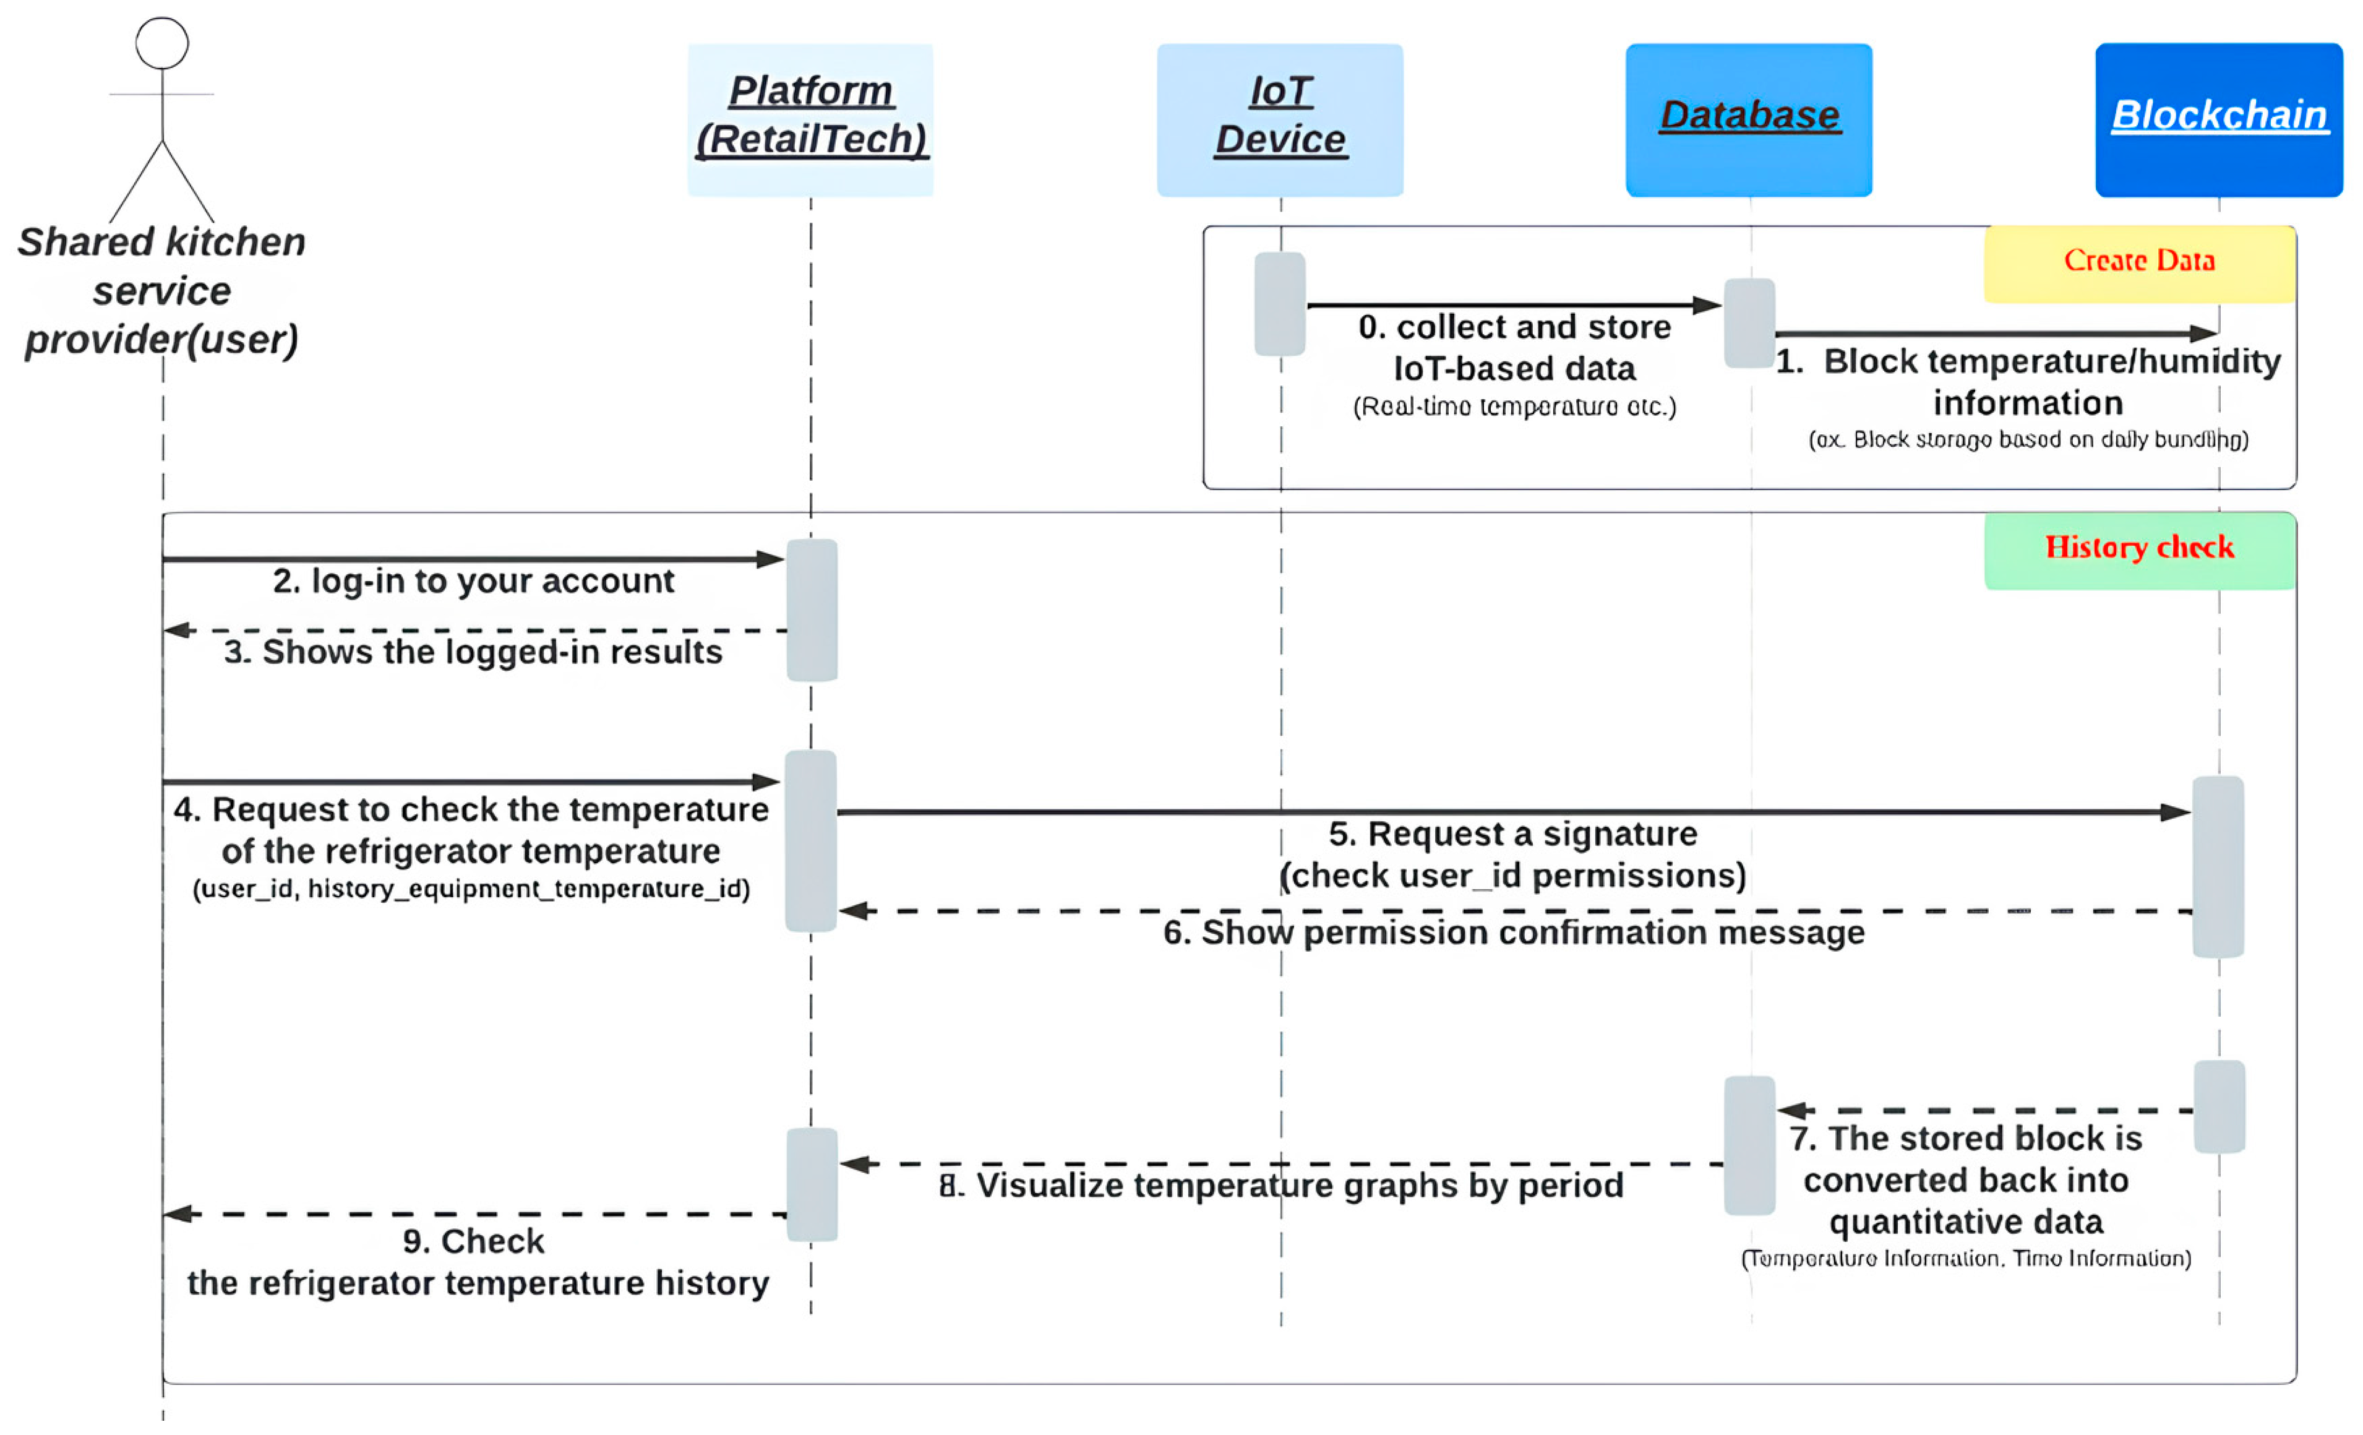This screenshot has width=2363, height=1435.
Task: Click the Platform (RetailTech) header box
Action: coord(810,120)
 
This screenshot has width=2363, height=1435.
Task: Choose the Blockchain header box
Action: coord(2218,120)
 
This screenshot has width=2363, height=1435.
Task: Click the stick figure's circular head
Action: coord(162,43)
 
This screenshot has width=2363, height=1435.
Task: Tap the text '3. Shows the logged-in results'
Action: coord(473,652)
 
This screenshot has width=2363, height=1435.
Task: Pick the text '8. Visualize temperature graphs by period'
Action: coord(1280,1186)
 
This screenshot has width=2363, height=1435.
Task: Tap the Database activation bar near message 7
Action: coord(1749,1145)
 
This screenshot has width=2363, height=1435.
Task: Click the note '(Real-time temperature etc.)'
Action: coord(1514,407)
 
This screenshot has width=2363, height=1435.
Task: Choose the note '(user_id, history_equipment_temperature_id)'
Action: coord(471,889)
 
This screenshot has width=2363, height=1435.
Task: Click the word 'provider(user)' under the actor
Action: coord(161,340)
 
